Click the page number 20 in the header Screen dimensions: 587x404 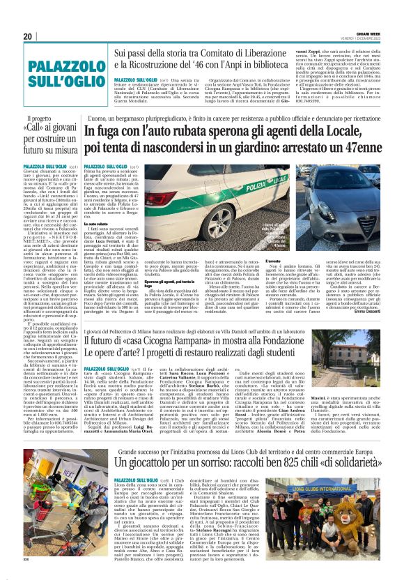[28, 36]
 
